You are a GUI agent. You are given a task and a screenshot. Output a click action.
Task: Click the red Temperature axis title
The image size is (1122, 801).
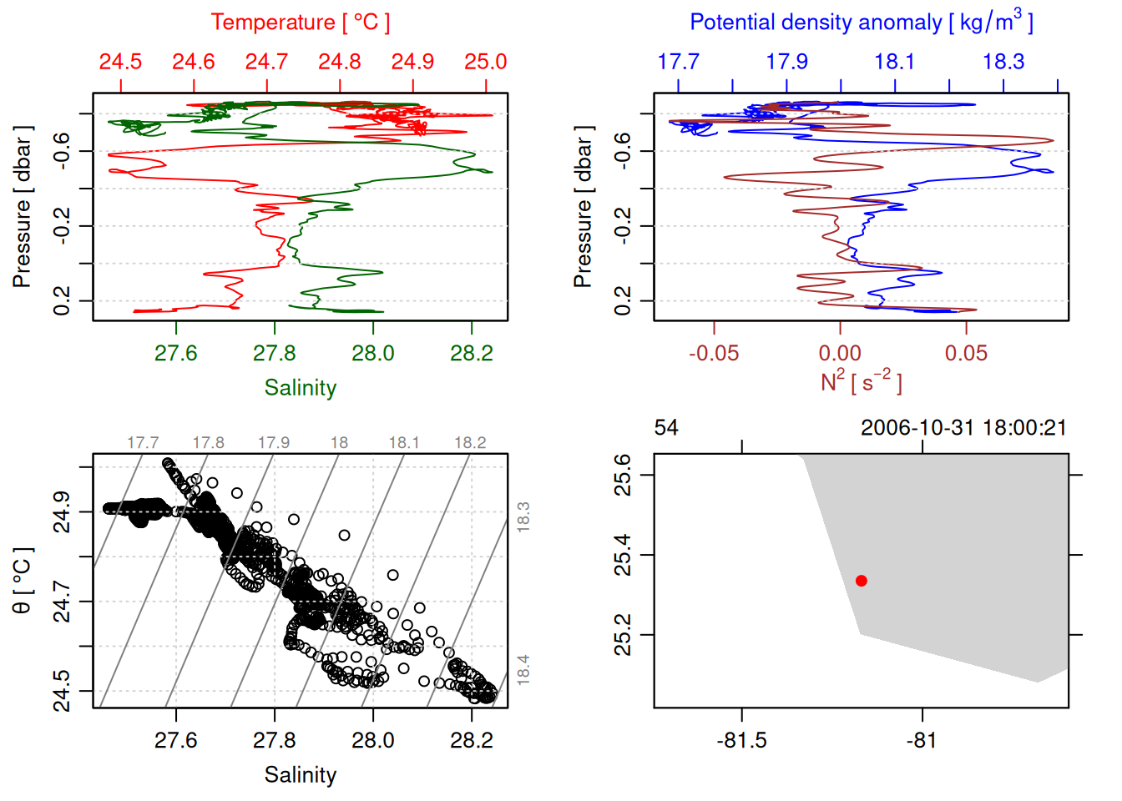[x=300, y=23]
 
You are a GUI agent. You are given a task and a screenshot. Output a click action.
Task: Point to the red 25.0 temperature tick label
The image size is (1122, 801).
[x=485, y=62]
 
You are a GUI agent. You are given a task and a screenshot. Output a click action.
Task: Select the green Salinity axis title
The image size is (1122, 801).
[x=300, y=388]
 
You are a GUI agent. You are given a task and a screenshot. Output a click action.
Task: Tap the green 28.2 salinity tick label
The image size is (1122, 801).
[x=471, y=353]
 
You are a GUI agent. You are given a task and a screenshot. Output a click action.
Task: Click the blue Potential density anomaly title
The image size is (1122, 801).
[x=861, y=23]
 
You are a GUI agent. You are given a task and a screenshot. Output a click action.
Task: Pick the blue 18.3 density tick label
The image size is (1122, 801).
[x=1003, y=62]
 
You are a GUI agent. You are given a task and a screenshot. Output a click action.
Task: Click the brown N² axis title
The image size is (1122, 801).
[x=861, y=382]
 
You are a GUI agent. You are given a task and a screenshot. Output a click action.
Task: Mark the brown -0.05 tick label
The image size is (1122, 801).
[x=714, y=353]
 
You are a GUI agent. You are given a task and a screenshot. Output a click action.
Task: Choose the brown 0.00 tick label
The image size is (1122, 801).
[x=840, y=353]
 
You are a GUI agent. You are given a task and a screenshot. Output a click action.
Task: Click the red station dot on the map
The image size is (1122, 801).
[x=862, y=581]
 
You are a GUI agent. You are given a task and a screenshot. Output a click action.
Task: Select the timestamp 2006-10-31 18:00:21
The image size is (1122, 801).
[x=963, y=428]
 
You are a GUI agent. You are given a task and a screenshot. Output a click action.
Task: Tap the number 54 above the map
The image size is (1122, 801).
[x=666, y=428]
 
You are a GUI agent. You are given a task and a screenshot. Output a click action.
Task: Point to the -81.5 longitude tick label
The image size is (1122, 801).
[x=741, y=740]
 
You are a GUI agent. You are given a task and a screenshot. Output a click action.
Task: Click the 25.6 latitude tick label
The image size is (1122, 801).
[x=623, y=475]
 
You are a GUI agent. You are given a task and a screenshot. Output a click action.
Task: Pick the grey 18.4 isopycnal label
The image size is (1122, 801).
[x=523, y=670]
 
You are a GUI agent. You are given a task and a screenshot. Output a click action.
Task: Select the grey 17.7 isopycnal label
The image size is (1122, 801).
[x=143, y=443]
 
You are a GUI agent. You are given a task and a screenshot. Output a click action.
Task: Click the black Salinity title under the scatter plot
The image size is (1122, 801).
[x=300, y=775]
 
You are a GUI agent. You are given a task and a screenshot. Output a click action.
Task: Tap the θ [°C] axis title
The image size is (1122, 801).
[x=23, y=582]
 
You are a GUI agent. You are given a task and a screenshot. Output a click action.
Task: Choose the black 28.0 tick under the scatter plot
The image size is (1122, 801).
[x=372, y=740]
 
